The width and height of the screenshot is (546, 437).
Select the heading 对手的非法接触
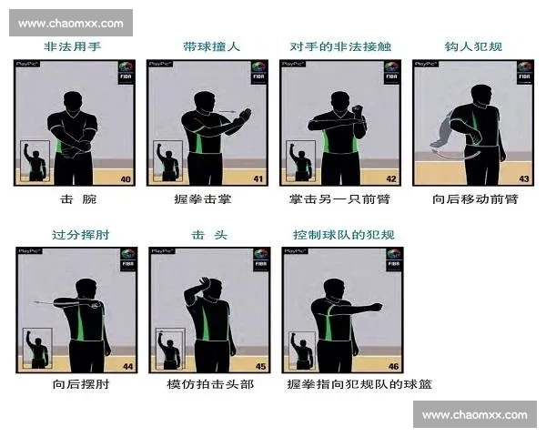click(x=342, y=46)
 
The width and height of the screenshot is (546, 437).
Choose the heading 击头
click(x=206, y=234)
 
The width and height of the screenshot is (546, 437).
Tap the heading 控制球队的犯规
click(x=342, y=234)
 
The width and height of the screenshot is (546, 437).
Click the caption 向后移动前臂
click(x=474, y=199)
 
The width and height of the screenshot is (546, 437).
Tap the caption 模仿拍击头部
click(x=210, y=384)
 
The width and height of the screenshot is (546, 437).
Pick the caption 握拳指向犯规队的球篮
click(x=359, y=384)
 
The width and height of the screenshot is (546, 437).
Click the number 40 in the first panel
click(x=126, y=179)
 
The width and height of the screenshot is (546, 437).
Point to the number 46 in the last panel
click(x=392, y=366)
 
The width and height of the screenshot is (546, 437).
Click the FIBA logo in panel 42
click(x=390, y=72)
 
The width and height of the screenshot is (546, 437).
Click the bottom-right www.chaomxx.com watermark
click(x=474, y=415)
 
